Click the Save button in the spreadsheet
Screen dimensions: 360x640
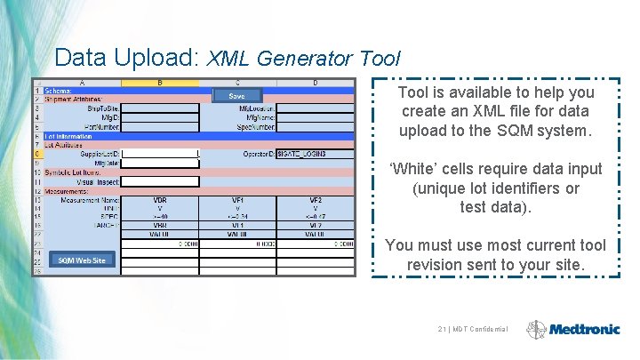[236, 96]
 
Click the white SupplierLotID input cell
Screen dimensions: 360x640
[160, 154]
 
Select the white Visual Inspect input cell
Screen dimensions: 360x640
[160, 181]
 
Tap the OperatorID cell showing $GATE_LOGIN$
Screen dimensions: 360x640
[315, 154]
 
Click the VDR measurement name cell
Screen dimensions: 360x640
[160, 200]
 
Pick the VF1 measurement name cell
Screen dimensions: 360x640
[238, 200]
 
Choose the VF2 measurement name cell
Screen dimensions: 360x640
[316, 200]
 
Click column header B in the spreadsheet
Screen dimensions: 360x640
[160, 83]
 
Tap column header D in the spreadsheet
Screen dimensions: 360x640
[316, 83]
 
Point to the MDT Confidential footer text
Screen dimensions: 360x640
[472, 330]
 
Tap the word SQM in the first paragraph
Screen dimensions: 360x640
[524, 131]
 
